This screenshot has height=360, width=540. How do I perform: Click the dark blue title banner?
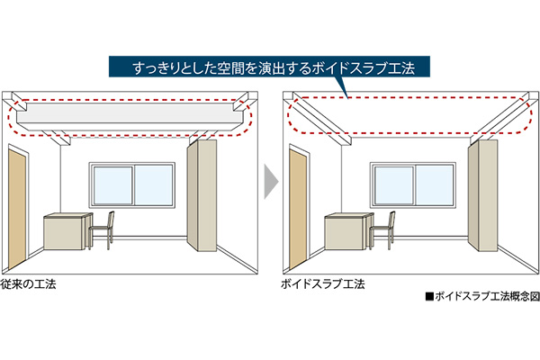tap(269, 67)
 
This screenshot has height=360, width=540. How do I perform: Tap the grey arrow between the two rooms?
tap(271, 182)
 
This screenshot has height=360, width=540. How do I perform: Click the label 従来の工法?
tap(28, 284)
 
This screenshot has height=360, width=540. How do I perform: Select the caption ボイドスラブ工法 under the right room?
tap(323, 284)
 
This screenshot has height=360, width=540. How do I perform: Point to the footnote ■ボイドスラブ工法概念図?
tap(482, 297)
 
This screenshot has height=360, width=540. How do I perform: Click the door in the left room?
tap(17, 209)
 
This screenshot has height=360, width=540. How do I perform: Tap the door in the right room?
tap(298, 209)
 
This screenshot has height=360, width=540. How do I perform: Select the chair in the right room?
tap(382, 230)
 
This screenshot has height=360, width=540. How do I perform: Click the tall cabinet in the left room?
tap(202, 195)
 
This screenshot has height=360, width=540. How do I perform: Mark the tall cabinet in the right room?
tap(482, 195)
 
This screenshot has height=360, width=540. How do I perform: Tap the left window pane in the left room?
tap(113, 185)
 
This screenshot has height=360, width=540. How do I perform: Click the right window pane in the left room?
tap(153, 185)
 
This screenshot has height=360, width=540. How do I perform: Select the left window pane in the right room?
tap(394, 185)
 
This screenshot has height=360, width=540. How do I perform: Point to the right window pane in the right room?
tap(435, 185)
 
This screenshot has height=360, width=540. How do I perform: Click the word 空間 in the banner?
tap(231, 68)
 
